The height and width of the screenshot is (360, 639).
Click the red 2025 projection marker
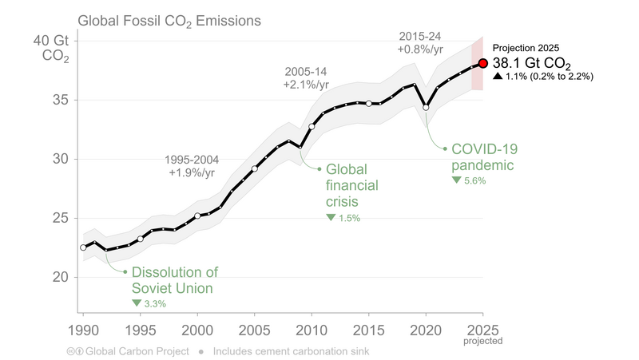point(482,63)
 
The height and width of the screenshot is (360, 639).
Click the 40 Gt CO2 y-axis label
point(56,49)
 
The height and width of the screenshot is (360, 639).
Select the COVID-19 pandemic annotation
point(482,157)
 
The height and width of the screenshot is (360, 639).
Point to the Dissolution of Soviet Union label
point(174,279)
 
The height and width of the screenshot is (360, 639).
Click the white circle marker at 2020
point(426,107)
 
